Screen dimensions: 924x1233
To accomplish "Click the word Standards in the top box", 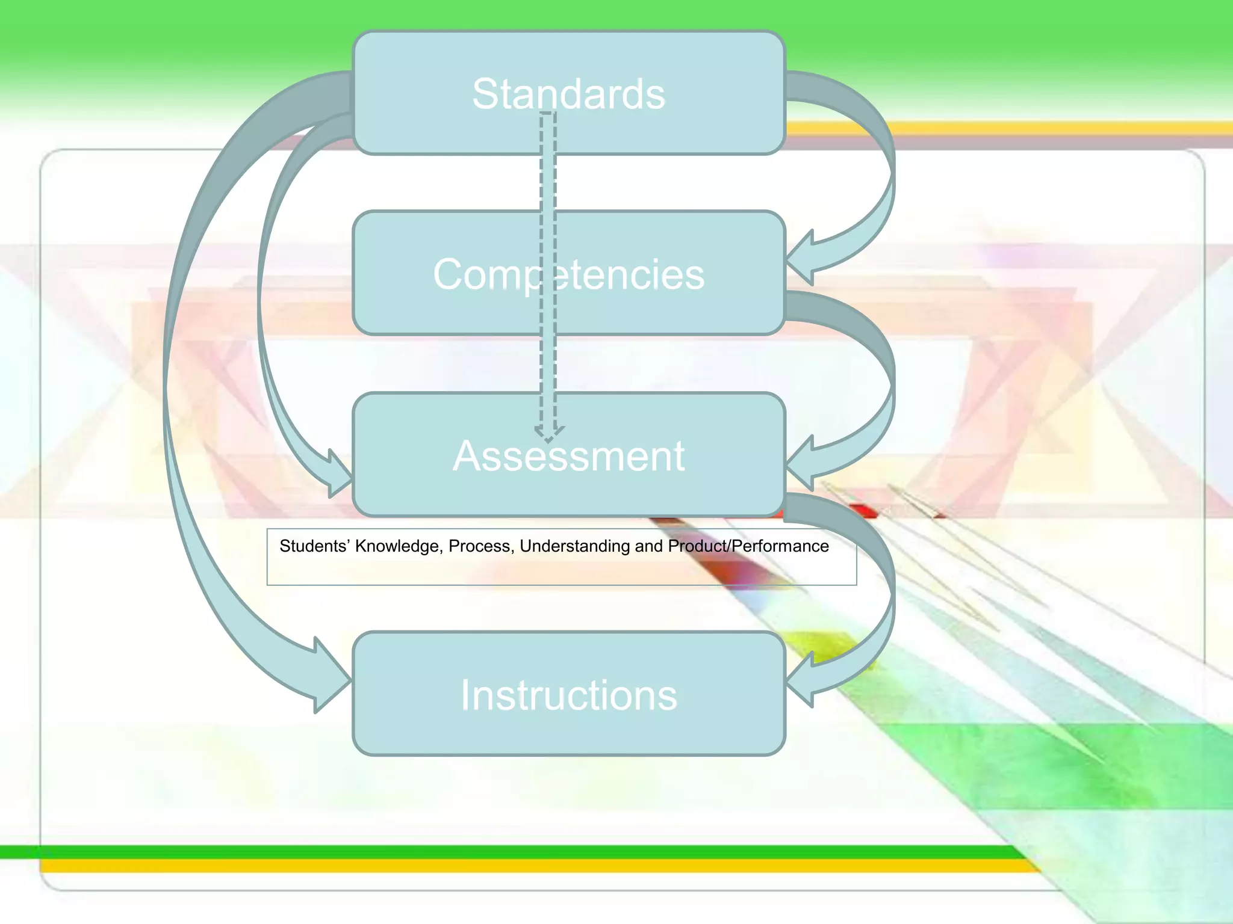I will coord(568,94).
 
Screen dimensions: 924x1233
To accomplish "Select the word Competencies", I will coord(568,275).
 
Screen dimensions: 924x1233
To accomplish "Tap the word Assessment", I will coord(568,456).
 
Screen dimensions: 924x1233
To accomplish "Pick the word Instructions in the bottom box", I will coord(568,695).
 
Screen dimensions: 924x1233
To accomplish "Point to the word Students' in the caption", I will coord(314,546).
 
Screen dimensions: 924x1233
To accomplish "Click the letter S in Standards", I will coord(486,94).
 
